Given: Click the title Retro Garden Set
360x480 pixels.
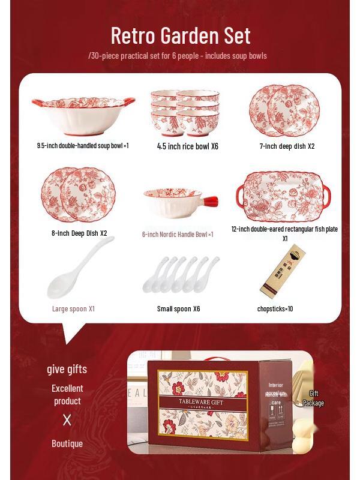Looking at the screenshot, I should pos(180,35).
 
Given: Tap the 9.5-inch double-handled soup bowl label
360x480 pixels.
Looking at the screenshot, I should pos(83,145).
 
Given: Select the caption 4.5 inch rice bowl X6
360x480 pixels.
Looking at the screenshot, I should pos(187,146).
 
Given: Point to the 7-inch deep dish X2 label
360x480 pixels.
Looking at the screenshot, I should pos(287,146).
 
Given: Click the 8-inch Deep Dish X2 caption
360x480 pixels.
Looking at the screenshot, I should pos(79,233).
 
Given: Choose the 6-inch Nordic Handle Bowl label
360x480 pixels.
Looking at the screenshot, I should pos(178,234).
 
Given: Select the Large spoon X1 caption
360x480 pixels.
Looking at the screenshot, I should pos(73,308).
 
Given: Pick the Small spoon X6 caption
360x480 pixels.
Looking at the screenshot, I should pos(178,308).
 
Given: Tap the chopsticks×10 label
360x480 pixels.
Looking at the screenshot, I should pos(275,308).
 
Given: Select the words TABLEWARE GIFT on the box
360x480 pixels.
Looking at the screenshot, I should pos(201,402).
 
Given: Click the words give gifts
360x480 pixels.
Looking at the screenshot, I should pos(67,369).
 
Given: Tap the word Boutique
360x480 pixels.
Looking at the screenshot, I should pos(67,444).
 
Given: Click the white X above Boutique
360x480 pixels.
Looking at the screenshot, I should pos(67,420).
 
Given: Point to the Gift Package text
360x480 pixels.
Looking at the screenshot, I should pos(313,398).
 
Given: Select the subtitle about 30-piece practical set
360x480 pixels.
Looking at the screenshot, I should pos(178,56).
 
